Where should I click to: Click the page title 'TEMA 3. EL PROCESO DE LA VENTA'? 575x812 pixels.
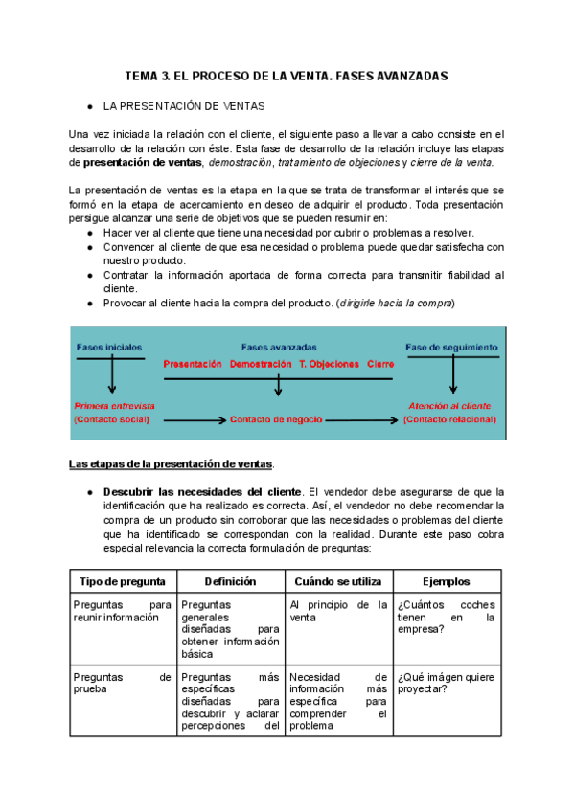click(287, 75)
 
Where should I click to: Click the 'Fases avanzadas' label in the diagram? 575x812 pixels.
click(279, 347)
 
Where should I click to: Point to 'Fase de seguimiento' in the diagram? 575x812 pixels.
click(451, 347)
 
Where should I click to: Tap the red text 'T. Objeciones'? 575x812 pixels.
click(330, 364)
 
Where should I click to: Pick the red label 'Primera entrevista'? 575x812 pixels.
click(114, 405)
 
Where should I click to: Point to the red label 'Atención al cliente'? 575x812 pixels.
click(449, 405)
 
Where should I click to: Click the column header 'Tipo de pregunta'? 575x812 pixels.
click(122, 581)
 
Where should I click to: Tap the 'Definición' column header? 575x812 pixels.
click(230, 581)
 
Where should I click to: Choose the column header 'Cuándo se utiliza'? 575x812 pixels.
click(338, 581)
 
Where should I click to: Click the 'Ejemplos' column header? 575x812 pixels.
click(448, 581)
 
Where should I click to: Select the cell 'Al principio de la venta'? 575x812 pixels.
click(338, 611)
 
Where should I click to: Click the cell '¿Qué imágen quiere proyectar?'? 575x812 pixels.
click(447, 684)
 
